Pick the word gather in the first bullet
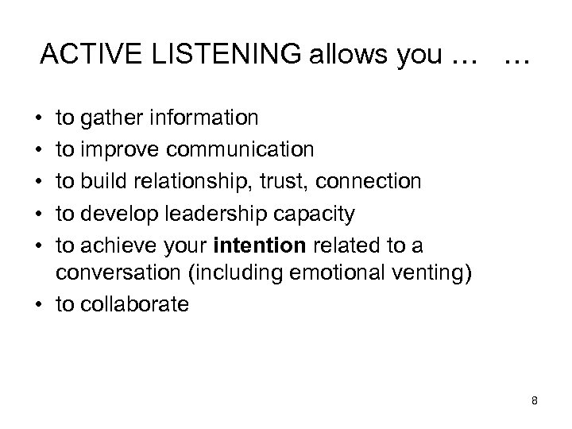click(x=107, y=118)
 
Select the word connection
click(x=368, y=182)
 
